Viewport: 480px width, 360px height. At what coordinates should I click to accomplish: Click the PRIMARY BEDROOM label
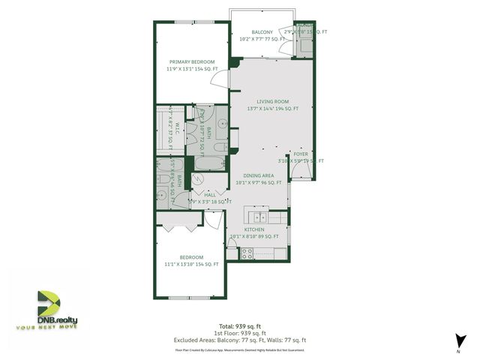pyautogui.click(x=192, y=61)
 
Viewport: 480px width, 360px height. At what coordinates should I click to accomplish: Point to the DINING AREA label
pyautogui.click(x=257, y=175)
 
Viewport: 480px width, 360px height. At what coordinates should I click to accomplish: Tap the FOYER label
pyautogui.click(x=301, y=153)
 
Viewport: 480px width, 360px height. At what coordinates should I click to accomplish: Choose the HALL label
pyautogui.click(x=199, y=194)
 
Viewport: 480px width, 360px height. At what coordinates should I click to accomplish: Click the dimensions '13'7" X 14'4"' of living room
pyautogui.click(x=268, y=109)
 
